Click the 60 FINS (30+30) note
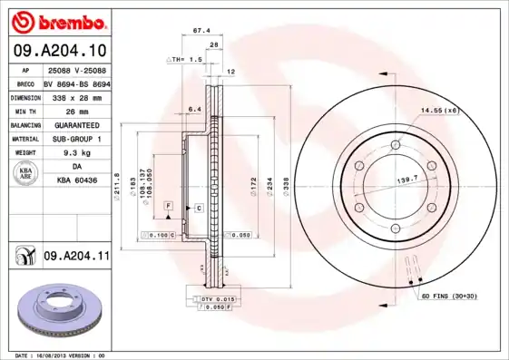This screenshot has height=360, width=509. coord(449,296)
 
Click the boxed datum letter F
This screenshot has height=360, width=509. coord(169,208)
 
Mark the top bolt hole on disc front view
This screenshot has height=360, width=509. coord(396,145)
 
